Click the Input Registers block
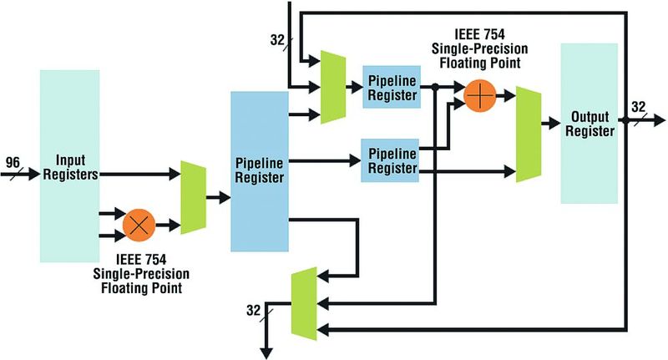point(69,165)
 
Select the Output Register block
point(589,123)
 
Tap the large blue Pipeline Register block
point(259,171)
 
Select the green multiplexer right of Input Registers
point(193,198)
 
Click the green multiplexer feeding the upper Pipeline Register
point(333,88)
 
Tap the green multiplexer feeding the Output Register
point(529,134)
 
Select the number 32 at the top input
point(278,39)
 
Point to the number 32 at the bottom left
point(254,311)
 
